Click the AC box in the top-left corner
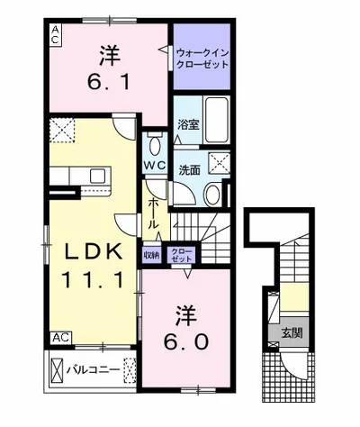(x=55, y=35)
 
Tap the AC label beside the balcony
(x=61, y=338)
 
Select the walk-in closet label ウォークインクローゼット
(x=202, y=59)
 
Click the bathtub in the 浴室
(x=216, y=120)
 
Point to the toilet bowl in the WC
(x=155, y=146)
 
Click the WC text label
(x=154, y=165)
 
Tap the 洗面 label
(x=189, y=170)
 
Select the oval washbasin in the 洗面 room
(x=212, y=194)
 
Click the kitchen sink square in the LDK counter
(x=97, y=176)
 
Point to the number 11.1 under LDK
(x=93, y=280)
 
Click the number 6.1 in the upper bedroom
(x=109, y=82)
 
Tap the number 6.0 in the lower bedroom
(x=186, y=341)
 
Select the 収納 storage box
(x=152, y=255)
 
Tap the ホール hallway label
(x=153, y=213)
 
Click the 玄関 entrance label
(x=292, y=332)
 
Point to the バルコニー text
(x=93, y=369)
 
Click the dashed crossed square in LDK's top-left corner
(x=62, y=130)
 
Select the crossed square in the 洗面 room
(x=219, y=163)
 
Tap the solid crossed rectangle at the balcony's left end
(x=57, y=369)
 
